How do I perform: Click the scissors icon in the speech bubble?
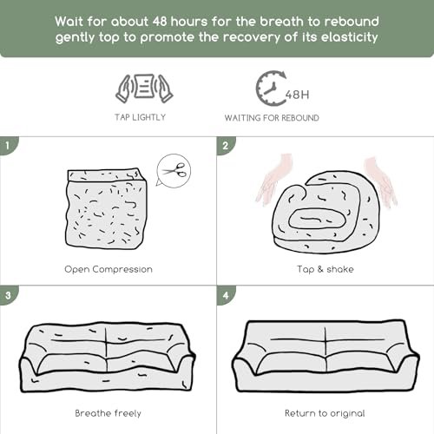coord(174,170)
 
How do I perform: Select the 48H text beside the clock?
coord(298,95)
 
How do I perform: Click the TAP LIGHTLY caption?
coord(140,117)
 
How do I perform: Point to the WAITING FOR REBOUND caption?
coord(272,118)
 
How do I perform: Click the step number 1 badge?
coord(8,145)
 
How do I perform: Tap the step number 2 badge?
coord(226,145)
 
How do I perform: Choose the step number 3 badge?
coord(8,295)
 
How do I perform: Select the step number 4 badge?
coord(226,295)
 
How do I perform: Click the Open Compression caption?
coord(108,269)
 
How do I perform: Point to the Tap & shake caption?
coord(325,269)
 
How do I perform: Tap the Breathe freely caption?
coord(108,413)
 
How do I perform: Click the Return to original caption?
coord(325,413)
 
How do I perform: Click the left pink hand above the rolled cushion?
coord(273,180)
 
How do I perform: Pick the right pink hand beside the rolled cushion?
coord(379,181)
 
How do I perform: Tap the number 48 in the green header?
coord(160,22)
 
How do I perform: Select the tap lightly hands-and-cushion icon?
coord(144,88)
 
